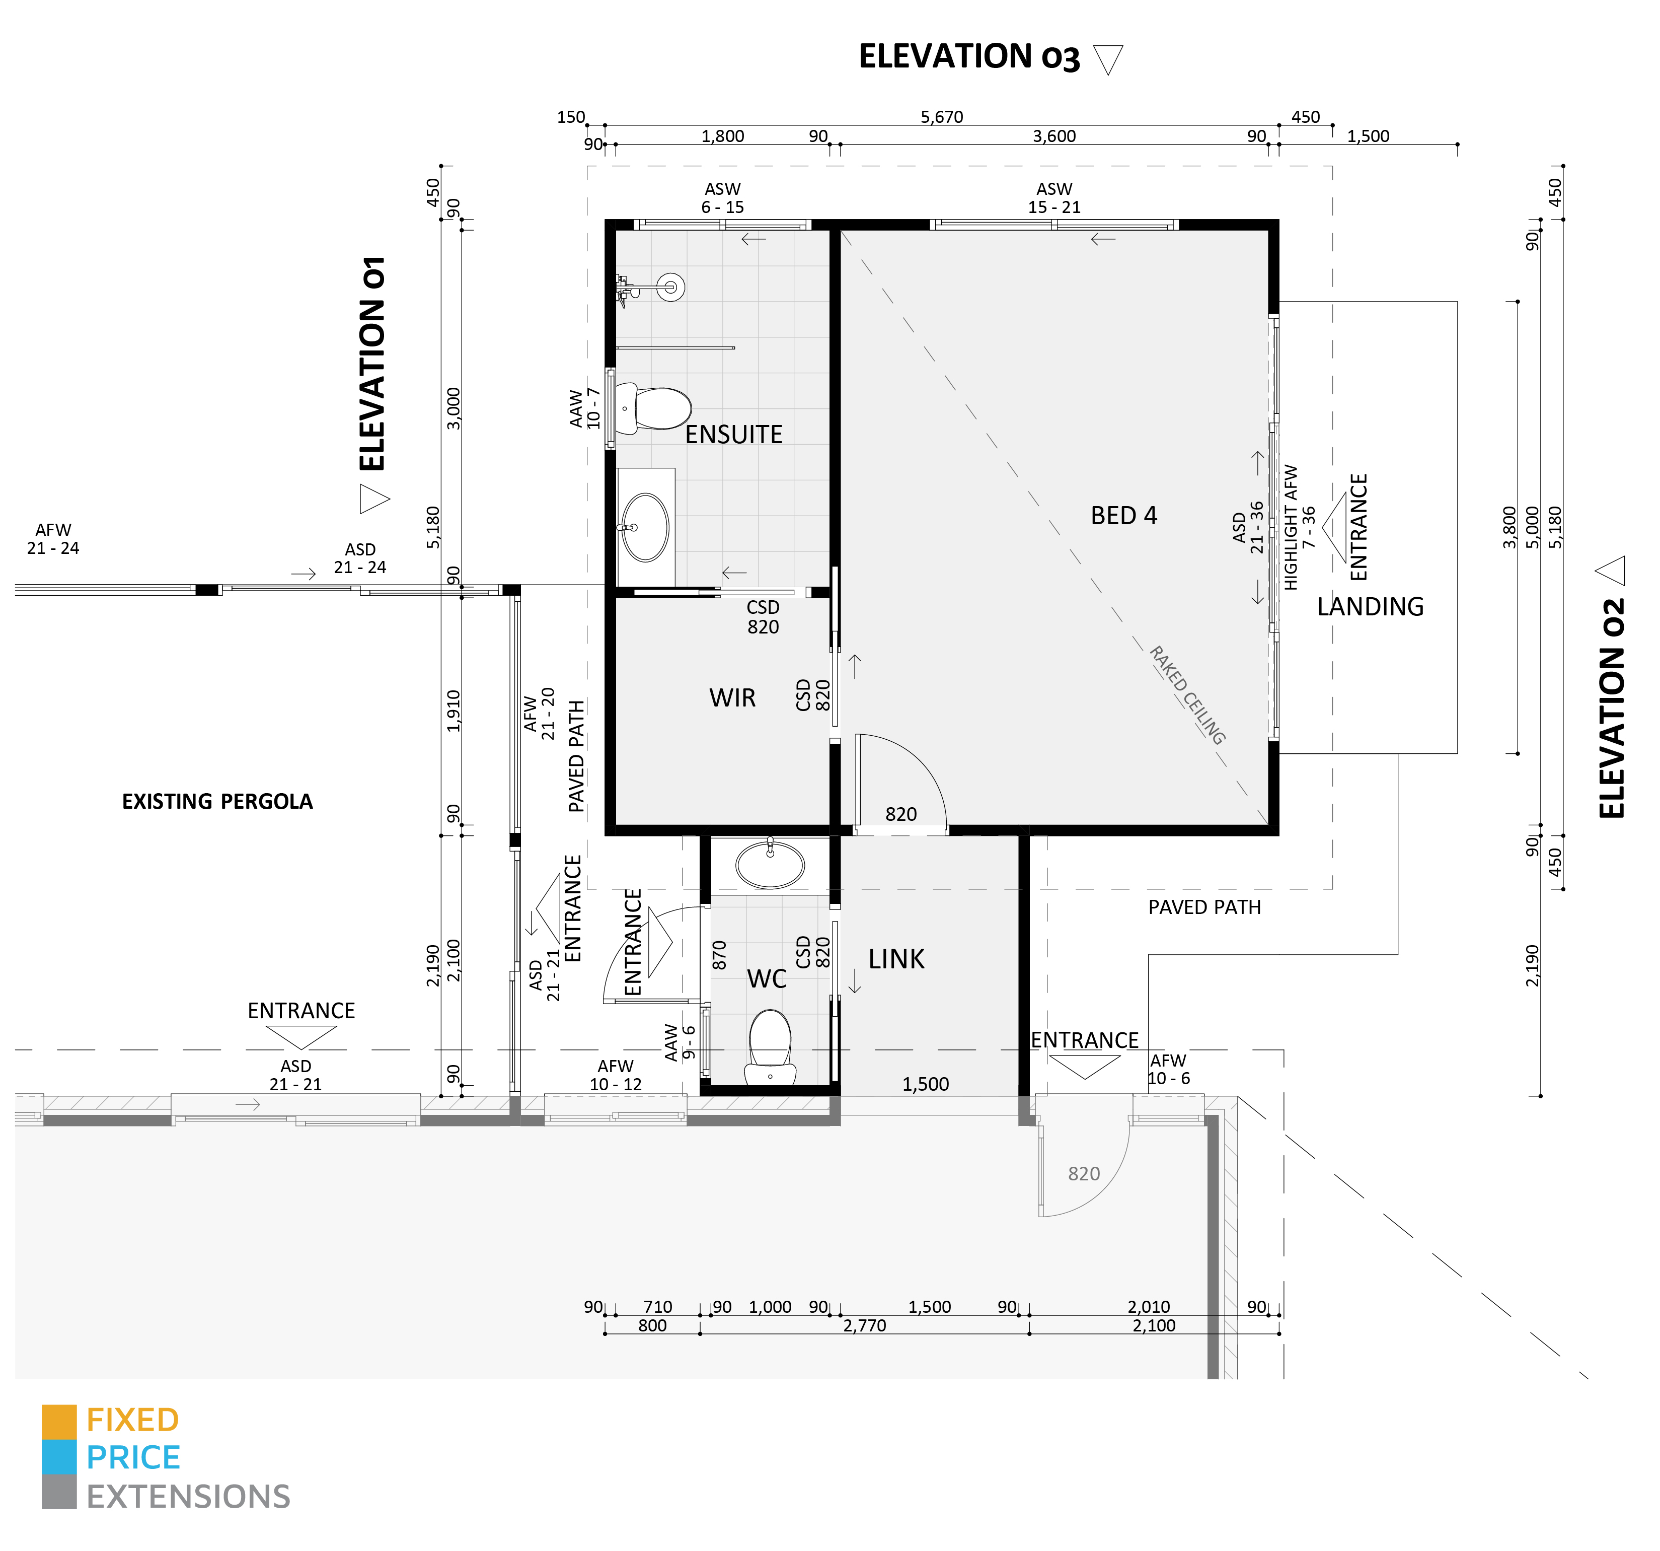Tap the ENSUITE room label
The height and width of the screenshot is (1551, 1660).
click(x=733, y=434)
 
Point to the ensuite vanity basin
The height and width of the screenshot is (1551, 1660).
click(x=645, y=528)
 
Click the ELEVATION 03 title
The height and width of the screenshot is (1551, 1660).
click(x=968, y=57)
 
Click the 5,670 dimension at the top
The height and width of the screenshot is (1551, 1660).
click(x=941, y=117)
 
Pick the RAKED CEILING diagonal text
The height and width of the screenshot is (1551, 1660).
click(x=1187, y=695)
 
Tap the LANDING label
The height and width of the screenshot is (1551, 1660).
click(x=1370, y=606)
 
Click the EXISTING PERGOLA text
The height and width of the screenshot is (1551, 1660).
click(x=217, y=801)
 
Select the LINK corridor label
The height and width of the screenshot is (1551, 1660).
click(x=896, y=959)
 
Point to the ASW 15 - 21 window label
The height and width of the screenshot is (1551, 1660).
click(x=1054, y=198)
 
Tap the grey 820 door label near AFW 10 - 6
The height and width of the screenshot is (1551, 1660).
click(x=1083, y=1173)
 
